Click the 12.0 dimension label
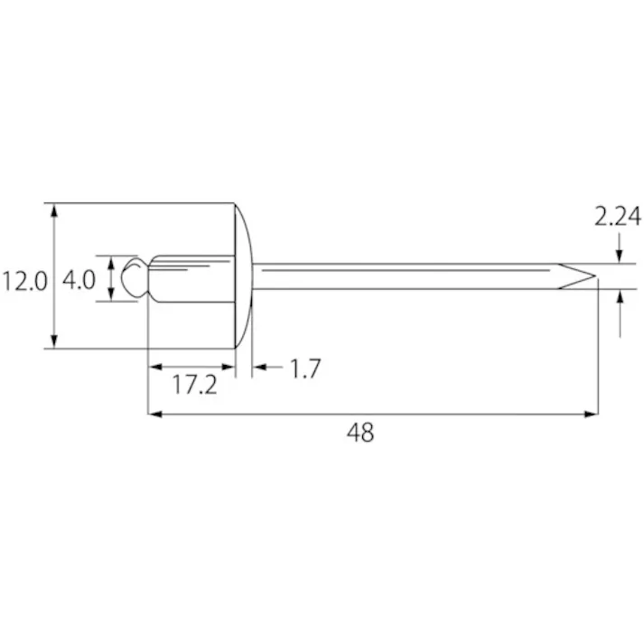pos(24,282)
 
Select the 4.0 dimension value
pos(79,280)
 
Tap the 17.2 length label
pos(194,386)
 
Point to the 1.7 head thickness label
pos(304,368)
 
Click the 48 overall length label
pos(360,433)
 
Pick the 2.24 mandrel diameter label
pos(617,217)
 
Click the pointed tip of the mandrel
pos(595,276)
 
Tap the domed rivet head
pos(244,275)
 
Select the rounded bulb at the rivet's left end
pos(135,277)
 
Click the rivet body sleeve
pos(191,279)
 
